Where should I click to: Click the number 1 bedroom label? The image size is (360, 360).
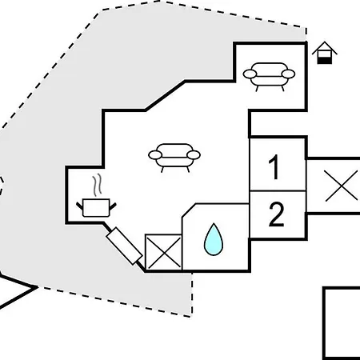coord(274,167)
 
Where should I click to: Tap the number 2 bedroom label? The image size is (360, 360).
coord(276,214)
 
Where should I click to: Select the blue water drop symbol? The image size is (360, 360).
coord(214,240)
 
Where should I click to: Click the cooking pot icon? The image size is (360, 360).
coord(96,207)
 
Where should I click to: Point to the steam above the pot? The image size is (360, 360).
coord(98,185)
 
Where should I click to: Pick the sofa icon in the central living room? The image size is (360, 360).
coord(174,158)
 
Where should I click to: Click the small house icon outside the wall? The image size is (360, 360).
coord(325,53)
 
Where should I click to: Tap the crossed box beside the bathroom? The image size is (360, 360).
coord(163,252)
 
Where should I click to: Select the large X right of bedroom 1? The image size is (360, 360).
coord(342,186)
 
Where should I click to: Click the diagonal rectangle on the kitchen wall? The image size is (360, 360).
coord(124,246)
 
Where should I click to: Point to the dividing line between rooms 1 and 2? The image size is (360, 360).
coord(278,191)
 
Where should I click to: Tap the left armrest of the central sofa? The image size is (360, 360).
coord(155,155)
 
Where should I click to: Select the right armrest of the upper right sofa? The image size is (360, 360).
coord(288,74)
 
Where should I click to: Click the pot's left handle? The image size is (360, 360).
coord(80,206)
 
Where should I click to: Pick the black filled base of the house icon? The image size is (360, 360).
coord(325,61)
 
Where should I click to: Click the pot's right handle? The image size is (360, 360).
coord(113,206)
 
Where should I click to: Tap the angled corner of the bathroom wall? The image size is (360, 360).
coord(189,210)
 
